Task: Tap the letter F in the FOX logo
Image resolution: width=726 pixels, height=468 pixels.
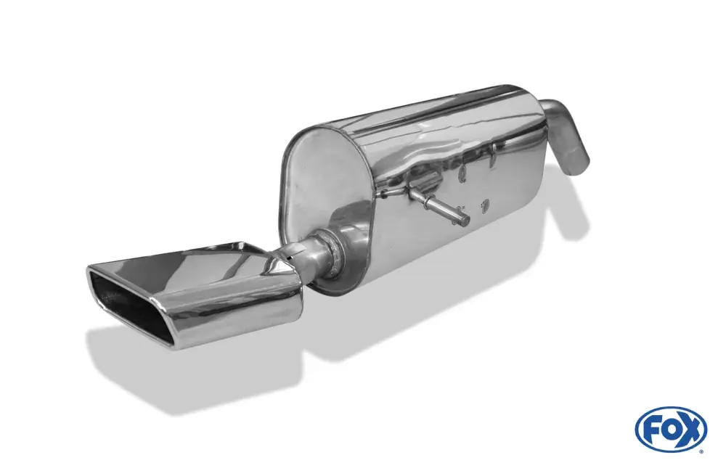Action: [x=652, y=430]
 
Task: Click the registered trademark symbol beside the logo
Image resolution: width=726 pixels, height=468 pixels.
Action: [x=704, y=451]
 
